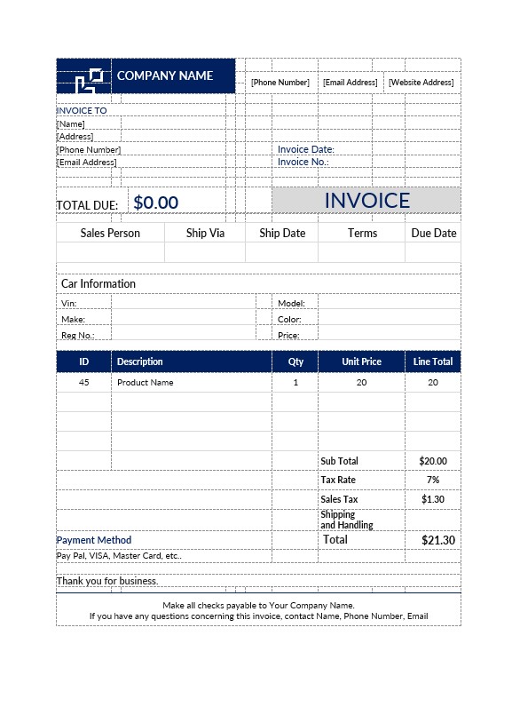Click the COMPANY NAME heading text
(165, 75)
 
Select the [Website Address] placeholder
(421, 83)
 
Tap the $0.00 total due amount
(156, 203)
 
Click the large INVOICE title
(366, 201)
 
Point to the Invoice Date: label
(305, 149)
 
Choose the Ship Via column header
(204, 233)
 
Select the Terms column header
(362, 233)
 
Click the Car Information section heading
(98, 284)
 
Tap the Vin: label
(69, 304)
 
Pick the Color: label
(289, 320)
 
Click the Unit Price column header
(361, 361)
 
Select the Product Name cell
(145, 383)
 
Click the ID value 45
(84, 383)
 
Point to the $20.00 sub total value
(433, 461)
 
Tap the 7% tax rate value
(433, 480)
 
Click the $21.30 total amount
(437, 540)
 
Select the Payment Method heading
(94, 540)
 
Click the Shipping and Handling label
(347, 520)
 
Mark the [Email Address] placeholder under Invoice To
(87, 163)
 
